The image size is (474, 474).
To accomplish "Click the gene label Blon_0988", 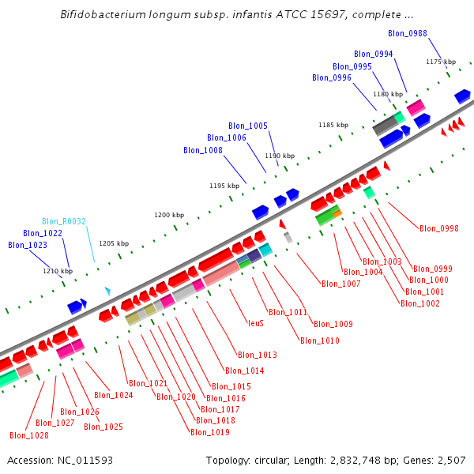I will click(x=408, y=33).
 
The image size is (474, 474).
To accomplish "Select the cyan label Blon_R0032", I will click(x=64, y=222).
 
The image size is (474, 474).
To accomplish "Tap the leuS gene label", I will click(x=256, y=323).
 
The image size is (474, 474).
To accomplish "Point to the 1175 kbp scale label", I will click(x=441, y=62).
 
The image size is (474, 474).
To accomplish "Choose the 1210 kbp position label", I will click(x=58, y=271).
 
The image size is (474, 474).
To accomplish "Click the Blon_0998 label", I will click(x=439, y=229).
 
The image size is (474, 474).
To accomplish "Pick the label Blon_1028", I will click(x=29, y=435).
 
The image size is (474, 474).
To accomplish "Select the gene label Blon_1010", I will click(x=320, y=340).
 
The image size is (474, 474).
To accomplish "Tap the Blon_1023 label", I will click(x=28, y=245).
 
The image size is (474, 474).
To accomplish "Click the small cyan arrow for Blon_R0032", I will click(x=107, y=292).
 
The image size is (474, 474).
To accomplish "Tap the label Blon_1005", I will click(x=248, y=126).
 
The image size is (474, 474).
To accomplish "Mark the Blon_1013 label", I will click(x=258, y=355).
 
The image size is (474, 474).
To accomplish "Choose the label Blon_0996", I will click(x=332, y=77).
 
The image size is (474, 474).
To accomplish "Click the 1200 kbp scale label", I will click(x=169, y=215).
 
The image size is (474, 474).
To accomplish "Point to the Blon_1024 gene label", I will click(x=114, y=395).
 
